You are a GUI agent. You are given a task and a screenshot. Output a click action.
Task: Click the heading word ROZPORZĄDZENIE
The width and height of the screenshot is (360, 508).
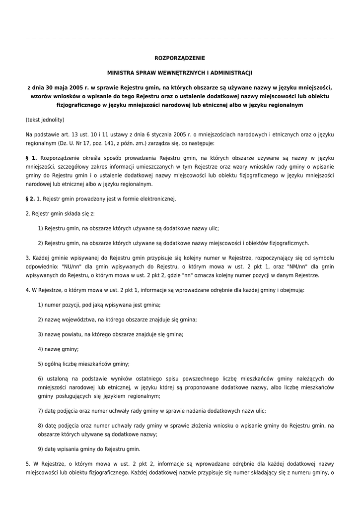[x=180, y=58]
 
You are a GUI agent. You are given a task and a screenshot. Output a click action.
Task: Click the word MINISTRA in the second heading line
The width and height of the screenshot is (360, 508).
[x=123, y=72]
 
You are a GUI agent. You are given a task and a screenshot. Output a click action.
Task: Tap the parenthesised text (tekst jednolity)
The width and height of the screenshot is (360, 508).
[x=45, y=120]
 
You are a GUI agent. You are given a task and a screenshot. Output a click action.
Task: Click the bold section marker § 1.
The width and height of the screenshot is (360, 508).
[x=31, y=158]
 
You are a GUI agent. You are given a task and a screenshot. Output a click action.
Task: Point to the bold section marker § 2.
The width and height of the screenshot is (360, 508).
[x=30, y=199]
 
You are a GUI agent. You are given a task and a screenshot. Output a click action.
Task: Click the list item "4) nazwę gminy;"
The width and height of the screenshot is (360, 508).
[x=59, y=349]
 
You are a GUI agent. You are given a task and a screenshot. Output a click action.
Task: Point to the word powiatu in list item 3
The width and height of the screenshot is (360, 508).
[x=72, y=334]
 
